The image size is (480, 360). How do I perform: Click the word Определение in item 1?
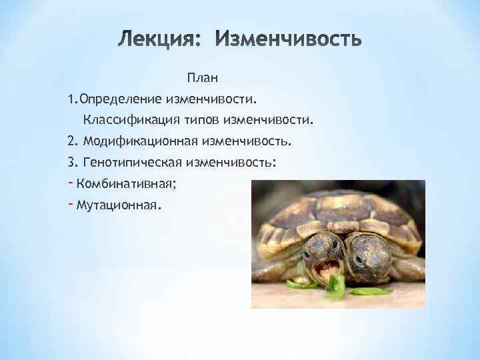(119, 99)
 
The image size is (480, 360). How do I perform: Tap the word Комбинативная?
(126, 183)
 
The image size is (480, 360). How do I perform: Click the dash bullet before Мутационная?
(70, 204)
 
